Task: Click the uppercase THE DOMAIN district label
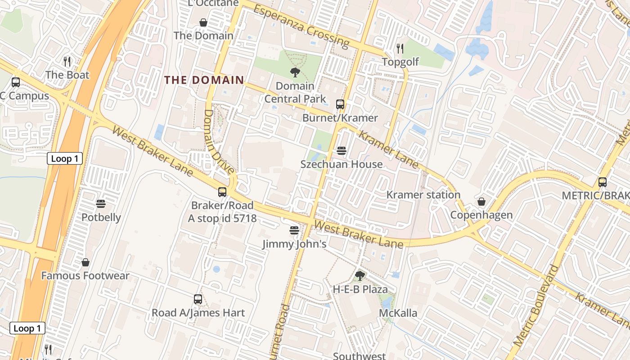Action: tap(204, 80)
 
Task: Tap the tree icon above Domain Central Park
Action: tap(295, 72)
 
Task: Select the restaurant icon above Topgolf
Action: tap(400, 48)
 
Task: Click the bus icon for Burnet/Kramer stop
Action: tap(340, 104)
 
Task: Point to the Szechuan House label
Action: tap(342, 164)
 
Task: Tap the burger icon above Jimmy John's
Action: tap(294, 231)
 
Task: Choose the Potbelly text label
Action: tap(101, 217)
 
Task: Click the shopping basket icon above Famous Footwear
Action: tap(85, 262)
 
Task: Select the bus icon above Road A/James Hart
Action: tap(198, 299)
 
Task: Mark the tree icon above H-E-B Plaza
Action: tap(360, 275)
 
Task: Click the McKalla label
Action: tap(398, 313)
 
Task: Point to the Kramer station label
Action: tap(423, 195)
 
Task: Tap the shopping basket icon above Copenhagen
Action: tap(481, 201)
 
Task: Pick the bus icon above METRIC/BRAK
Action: tap(603, 182)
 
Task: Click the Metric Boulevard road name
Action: tap(535, 306)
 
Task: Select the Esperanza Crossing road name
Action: tap(301, 26)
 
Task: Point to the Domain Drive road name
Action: tap(219, 141)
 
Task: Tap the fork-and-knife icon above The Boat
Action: tap(67, 62)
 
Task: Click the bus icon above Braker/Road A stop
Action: tap(222, 192)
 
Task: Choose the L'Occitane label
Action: tap(207, 4)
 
